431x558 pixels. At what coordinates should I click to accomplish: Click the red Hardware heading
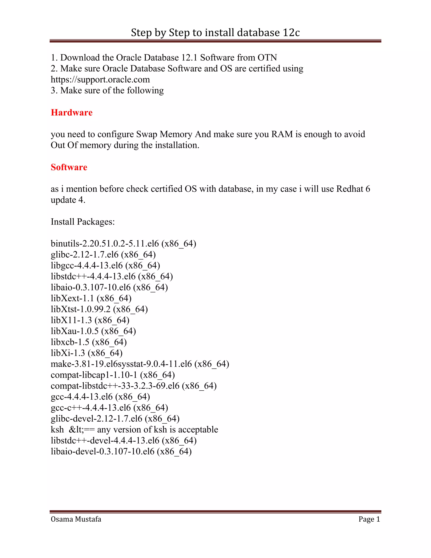point(72,112)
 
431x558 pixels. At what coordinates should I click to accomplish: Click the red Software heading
point(69,167)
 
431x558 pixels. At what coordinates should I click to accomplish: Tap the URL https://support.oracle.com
point(100,79)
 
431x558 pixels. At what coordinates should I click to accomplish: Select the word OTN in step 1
point(267,57)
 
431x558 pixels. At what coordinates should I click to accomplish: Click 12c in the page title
point(291,33)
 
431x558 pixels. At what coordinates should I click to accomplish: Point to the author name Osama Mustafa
point(76,519)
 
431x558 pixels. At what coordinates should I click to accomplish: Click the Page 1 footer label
point(369,519)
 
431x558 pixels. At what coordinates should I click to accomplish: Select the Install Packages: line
point(83,222)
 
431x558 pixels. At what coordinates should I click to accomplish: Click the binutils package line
point(123,243)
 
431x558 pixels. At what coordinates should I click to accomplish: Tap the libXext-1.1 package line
point(91,298)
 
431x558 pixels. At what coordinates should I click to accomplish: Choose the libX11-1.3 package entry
point(90,320)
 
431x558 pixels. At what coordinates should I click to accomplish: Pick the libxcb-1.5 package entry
point(89,342)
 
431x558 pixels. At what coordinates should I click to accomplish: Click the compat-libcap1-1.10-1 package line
point(113,375)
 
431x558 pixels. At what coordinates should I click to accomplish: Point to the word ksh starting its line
point(57,430)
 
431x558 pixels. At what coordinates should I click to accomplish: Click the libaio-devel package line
point(121,451)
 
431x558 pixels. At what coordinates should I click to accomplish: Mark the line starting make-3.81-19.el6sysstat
point(140,364)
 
